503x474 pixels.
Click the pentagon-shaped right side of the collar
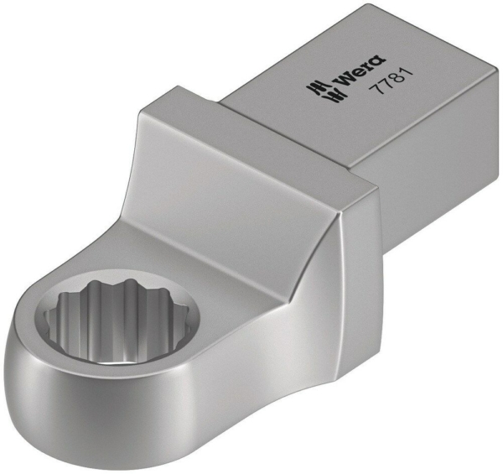click(352, 252)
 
